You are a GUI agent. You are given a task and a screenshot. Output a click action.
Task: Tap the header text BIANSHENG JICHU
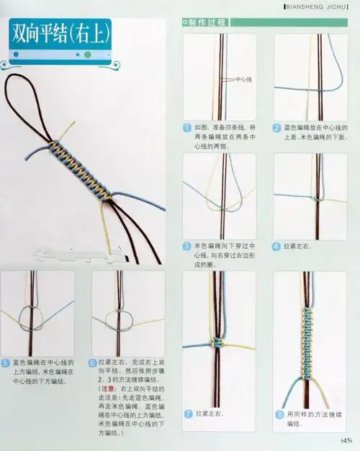pos(317,7)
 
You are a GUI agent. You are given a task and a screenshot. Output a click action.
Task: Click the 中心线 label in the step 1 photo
pos(243,81)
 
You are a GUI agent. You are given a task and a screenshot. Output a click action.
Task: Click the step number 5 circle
pos(6,363)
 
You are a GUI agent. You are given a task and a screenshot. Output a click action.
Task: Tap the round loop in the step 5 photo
pos(30,316)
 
